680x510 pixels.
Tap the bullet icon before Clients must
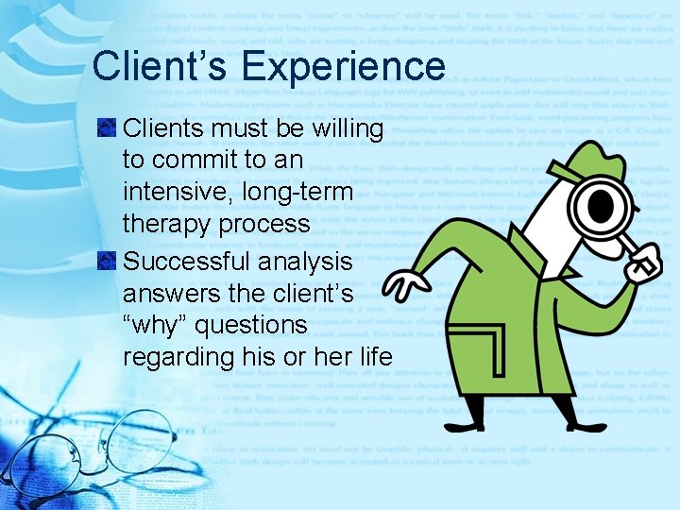tap(109, 127)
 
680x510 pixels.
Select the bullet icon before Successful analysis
tap(109, 261)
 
